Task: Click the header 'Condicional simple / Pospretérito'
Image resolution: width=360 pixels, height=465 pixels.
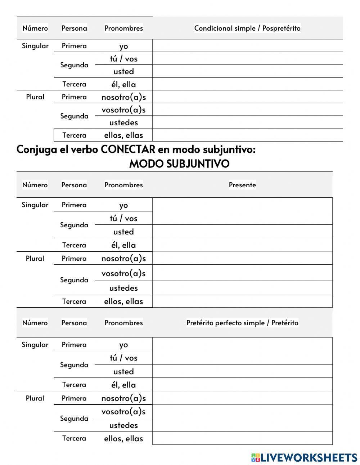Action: tap(247, 28)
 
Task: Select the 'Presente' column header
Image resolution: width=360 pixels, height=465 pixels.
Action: tap(242, 185)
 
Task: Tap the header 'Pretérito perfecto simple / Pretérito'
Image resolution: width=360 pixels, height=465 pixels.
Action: tap(242, 323)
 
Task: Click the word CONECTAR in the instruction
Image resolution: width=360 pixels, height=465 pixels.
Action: tap(128, 149)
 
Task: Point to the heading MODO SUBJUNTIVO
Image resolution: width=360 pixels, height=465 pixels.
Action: tap(179, 164)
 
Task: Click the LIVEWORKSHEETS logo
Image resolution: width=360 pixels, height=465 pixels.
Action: tap(304, 457)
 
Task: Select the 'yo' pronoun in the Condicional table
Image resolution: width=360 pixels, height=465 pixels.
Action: tap(123, 46)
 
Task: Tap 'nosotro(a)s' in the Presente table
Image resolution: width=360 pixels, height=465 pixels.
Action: tap(123, 258)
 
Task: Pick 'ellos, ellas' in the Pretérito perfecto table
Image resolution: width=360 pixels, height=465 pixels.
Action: tap(123, 438)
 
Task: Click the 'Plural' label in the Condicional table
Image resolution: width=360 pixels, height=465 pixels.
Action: tap(35, 97)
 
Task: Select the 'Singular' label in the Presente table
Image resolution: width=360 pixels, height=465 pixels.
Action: tap(35, 205)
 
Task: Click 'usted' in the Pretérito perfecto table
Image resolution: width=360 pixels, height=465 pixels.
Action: tap(123, 371)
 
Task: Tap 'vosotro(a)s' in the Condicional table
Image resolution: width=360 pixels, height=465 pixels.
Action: tap(123, 110)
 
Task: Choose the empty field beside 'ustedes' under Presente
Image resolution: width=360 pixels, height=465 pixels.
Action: tap(242, 287)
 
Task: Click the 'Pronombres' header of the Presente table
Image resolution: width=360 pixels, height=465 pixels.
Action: tap(123, 185)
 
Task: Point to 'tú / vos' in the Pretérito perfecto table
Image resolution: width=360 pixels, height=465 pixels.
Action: tap(123, 358)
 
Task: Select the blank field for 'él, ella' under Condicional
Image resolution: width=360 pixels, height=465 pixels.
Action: tap(247, 84)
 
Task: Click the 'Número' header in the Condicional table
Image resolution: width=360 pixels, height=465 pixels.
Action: tap(35, 28)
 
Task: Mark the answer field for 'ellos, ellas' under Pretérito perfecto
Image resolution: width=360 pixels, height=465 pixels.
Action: tap(242, 438)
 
